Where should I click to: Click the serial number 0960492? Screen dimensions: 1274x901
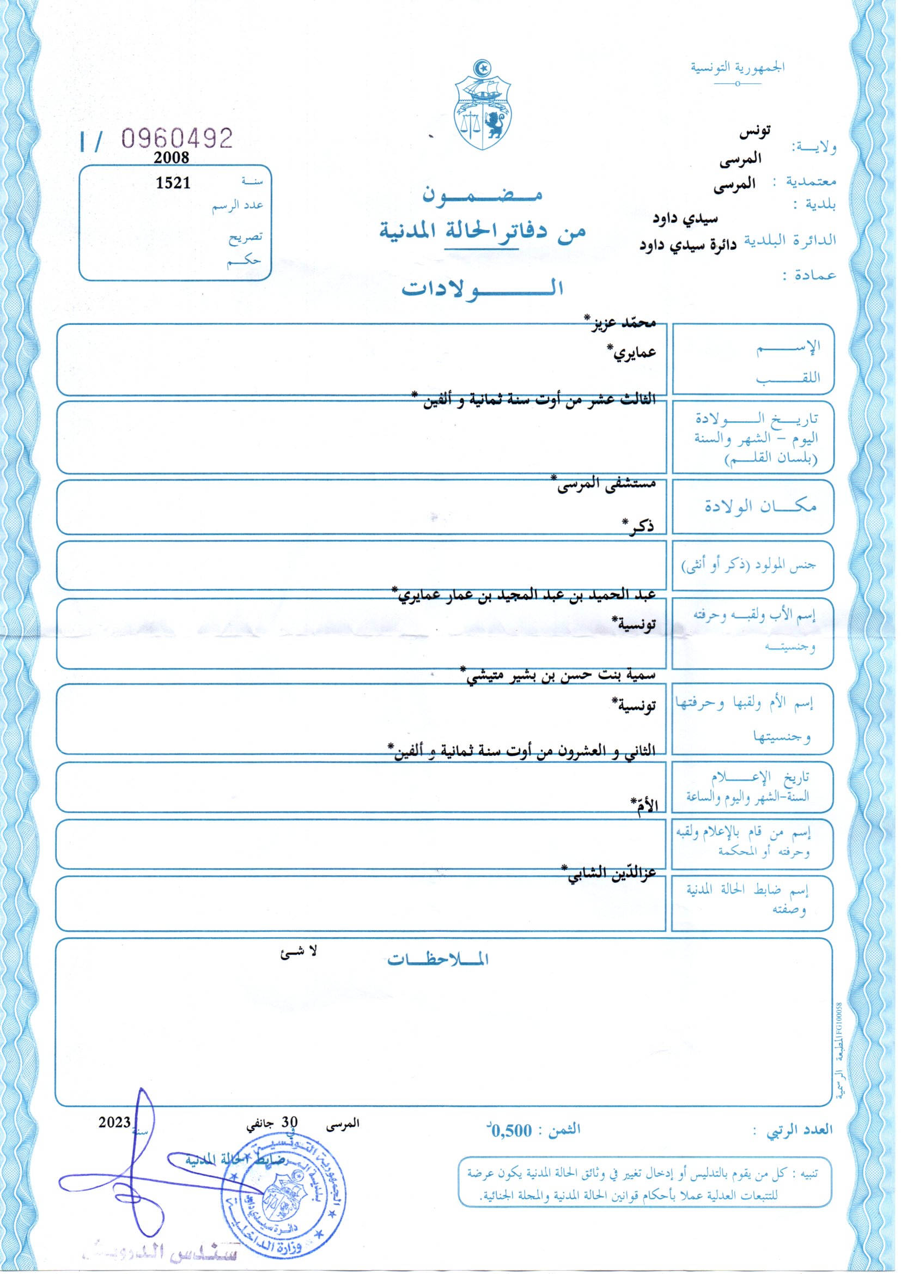tap(176, 139)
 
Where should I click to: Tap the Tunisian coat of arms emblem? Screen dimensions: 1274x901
tap(483, 105)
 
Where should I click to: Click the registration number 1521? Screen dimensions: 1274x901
tap(173, 183)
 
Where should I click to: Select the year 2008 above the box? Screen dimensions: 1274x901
tap(172, 158)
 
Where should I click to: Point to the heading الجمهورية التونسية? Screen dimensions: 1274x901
tap(738, 68)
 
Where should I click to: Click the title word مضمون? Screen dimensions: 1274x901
tap(482, 194)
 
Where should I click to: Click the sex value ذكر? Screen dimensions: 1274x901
tap(637, 526)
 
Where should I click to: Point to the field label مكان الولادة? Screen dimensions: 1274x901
tap(760, 506)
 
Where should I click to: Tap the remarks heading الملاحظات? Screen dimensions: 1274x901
tap(438, 959)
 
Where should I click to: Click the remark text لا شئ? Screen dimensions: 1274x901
tap(299, 952)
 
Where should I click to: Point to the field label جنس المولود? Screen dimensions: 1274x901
tap(749, 566)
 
